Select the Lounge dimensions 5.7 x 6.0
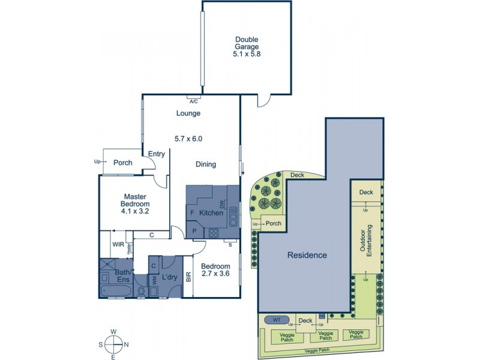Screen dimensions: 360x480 click(x=188, y=139)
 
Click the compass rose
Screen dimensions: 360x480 click(x=112, y=344)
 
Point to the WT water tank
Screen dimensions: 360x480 click(x=277, y=320)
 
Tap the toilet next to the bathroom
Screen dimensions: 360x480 click(x=141, y=291)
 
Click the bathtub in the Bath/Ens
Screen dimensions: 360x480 click(x=116, y=290)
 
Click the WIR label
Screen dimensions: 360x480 click(x=118, y=244)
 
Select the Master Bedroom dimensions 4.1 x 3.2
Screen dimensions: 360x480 click(x=136, y=211)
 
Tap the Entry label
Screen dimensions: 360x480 click(x=156, y=154)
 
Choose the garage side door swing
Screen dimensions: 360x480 click(x=263, y=102)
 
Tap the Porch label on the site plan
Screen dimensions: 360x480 click(x=274, y=223)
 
